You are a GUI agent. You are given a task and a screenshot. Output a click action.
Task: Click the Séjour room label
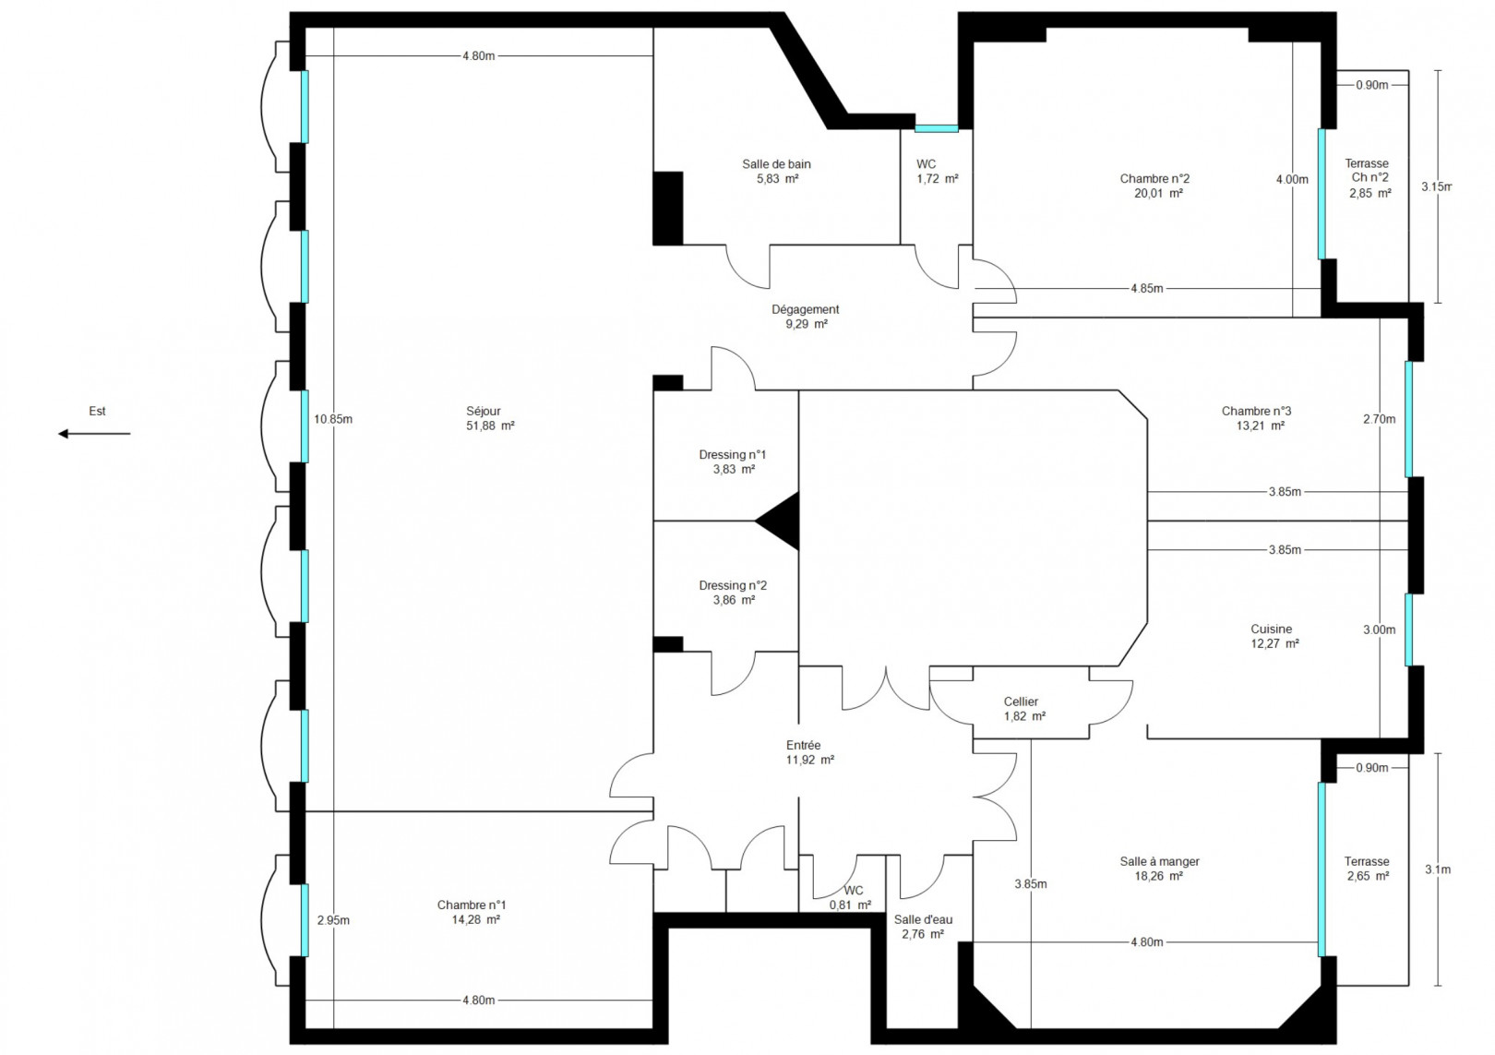coord(484,412)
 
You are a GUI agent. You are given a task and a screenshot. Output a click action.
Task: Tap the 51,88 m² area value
coord(490,426)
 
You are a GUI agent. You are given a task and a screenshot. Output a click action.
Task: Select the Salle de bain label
coord(776,164)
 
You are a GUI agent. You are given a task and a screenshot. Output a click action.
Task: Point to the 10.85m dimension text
coord(333,419)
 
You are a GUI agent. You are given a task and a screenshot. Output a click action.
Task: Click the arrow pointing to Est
coord(94,434)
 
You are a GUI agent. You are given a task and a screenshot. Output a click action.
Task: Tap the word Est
coord(97,412)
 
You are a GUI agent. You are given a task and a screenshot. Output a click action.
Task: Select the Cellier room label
coord(1021,701)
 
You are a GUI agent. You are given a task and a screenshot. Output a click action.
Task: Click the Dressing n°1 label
coord(733,454)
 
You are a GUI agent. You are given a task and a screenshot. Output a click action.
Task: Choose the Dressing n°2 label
coord(733,585)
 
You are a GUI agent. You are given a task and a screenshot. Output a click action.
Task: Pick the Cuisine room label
coord(1271,629)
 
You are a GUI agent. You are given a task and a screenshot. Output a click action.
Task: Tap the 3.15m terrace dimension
coord(1436,186)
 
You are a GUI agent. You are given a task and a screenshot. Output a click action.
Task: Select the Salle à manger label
coord(1159,861)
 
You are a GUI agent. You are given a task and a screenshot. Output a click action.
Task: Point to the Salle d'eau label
coord(923,919)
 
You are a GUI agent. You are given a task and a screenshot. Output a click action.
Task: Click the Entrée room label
coord(803,745)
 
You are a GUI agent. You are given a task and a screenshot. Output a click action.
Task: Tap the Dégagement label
coord(805,310)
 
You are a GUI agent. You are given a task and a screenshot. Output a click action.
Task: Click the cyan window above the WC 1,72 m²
coord(936,129)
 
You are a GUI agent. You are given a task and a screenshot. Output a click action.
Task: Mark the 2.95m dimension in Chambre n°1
coord(333,920)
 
